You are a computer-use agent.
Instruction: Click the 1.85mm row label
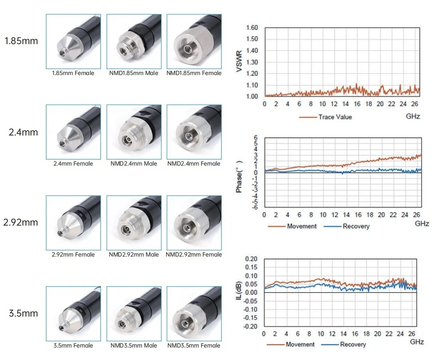tap(21, 41)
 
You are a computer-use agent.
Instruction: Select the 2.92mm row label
tap(21, 222)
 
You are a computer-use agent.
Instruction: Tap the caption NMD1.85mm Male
tap(134, 73)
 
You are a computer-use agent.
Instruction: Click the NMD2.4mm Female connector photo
tap(194, 132)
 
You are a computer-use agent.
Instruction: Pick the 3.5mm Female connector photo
tap(73, 314)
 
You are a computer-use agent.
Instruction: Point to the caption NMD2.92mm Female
tap(194, 255)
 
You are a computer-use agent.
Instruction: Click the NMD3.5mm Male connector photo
tap(134, 314)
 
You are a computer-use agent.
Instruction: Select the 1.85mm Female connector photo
tap(73, 41)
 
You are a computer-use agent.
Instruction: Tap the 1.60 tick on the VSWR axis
tap(252, 27)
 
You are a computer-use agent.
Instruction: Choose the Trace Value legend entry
tap(326, 117)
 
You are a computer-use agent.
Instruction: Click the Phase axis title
tap(239, 177)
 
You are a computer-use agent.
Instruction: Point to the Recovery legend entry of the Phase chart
tap(346, 226)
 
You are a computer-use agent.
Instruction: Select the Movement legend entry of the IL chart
tap(291, 344)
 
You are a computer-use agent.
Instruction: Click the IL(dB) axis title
tap(239, 290)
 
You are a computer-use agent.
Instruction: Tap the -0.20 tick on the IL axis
tap(250, 326)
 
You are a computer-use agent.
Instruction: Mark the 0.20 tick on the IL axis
tap(252, 259)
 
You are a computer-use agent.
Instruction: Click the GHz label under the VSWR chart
tap(413, 116)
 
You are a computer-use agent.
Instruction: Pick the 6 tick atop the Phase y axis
tap(255, 138)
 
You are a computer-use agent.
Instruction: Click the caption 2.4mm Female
tap(73, 164)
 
